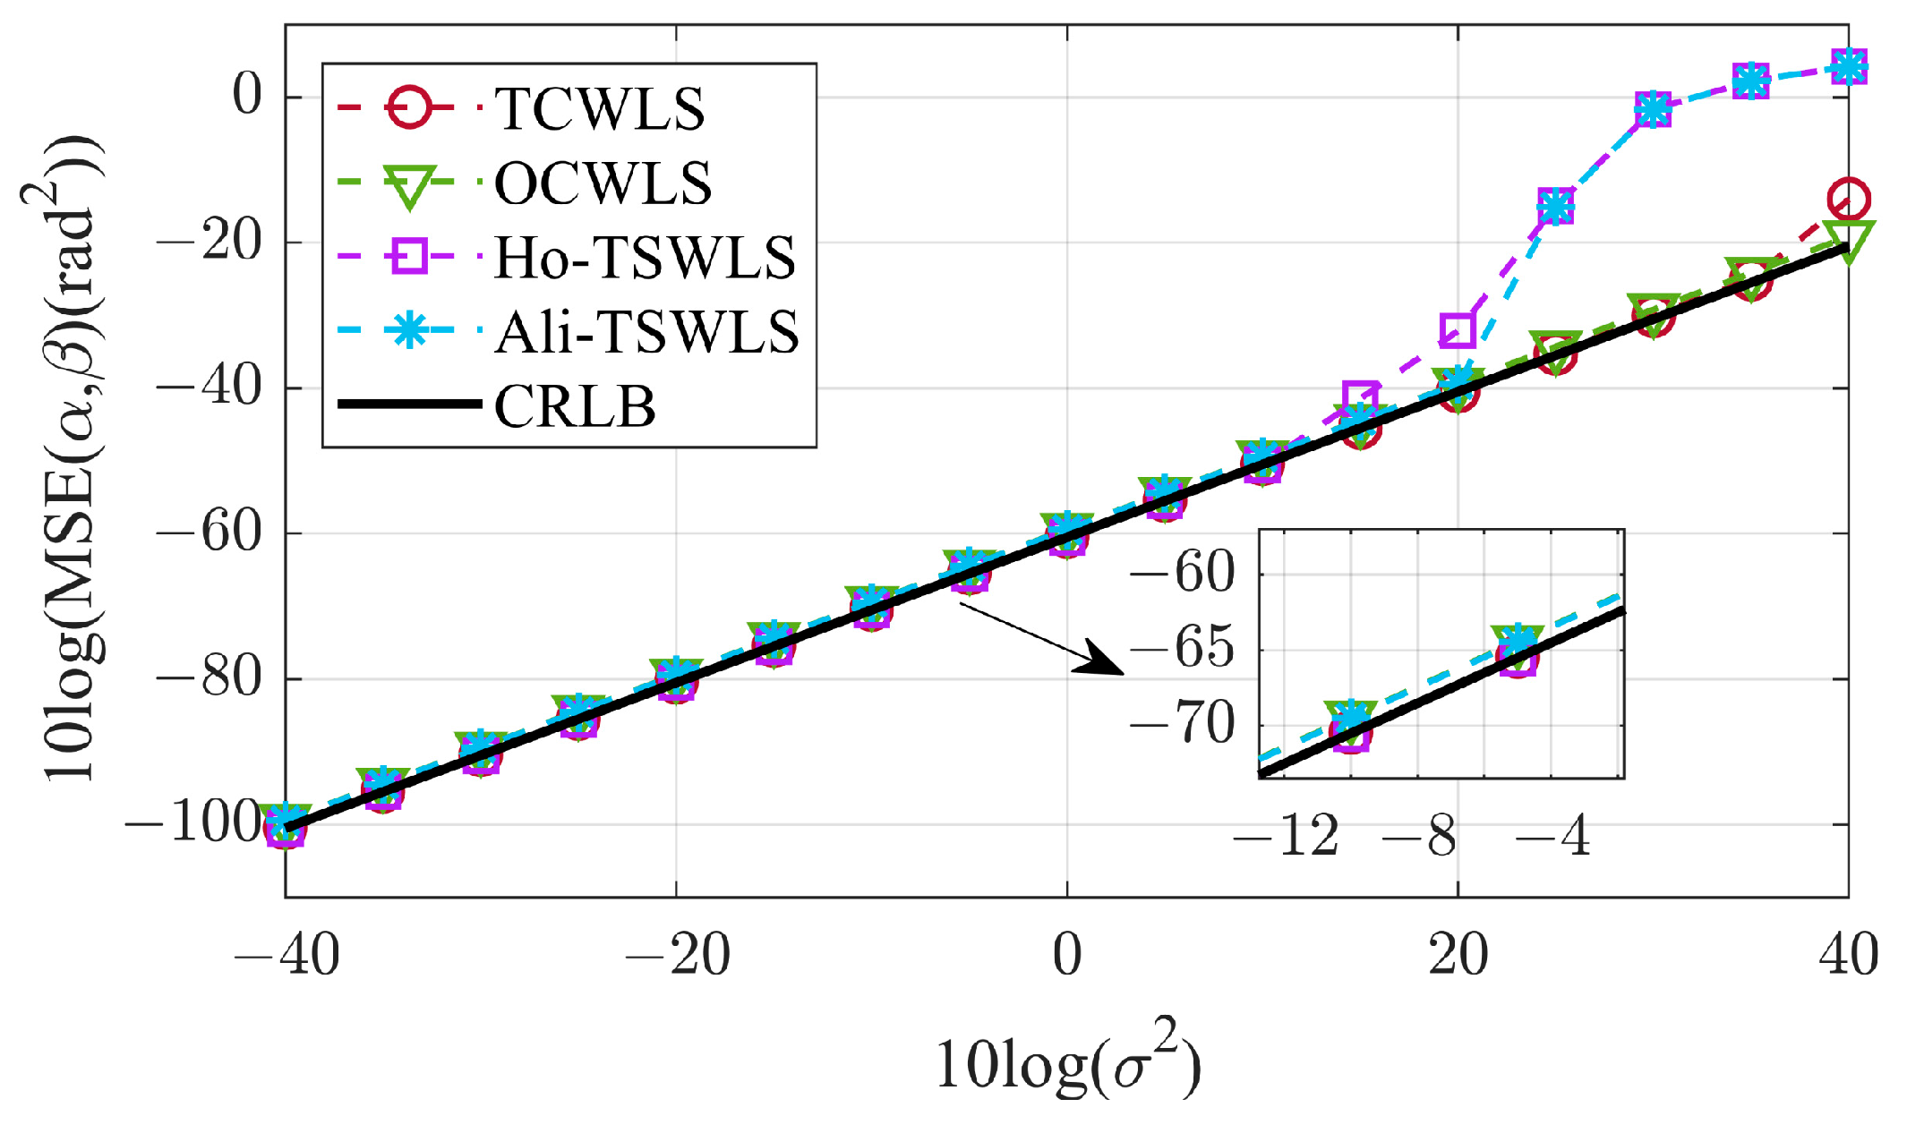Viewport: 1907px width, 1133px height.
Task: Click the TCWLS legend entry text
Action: tap(599, 110)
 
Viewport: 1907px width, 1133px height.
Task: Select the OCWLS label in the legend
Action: tap(603, 184)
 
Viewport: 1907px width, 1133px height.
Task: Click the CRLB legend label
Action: tap(575, 407)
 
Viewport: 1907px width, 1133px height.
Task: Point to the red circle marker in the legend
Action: tap(409, 108)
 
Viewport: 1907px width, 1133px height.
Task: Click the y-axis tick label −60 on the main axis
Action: tap(209, 532)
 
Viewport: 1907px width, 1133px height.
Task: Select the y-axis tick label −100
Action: tap(192, 823)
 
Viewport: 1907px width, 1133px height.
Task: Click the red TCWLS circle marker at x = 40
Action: tap(1848, 199)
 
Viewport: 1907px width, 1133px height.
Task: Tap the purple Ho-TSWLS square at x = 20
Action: tap(1458, 330)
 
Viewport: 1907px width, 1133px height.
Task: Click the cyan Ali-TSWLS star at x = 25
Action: tap(1555, 207)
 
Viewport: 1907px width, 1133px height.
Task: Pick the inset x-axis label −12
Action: tap(1286, 837)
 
